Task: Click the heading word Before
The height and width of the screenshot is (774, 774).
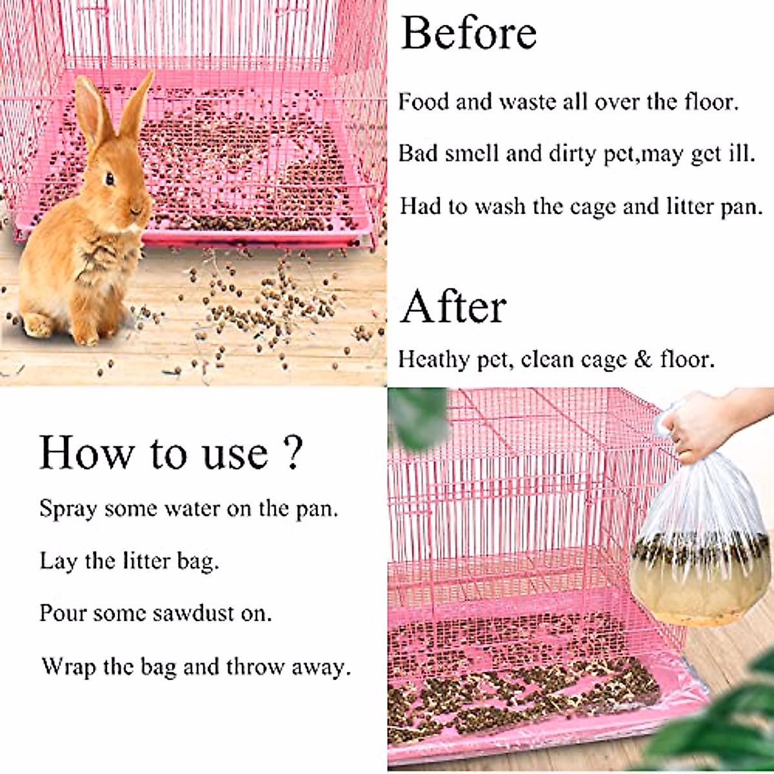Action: (468, 34)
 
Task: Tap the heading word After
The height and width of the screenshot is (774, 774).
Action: (453, 307)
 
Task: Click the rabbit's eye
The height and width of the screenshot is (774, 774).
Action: (110, 178)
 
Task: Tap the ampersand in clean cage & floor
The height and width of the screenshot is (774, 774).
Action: (642, 359)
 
